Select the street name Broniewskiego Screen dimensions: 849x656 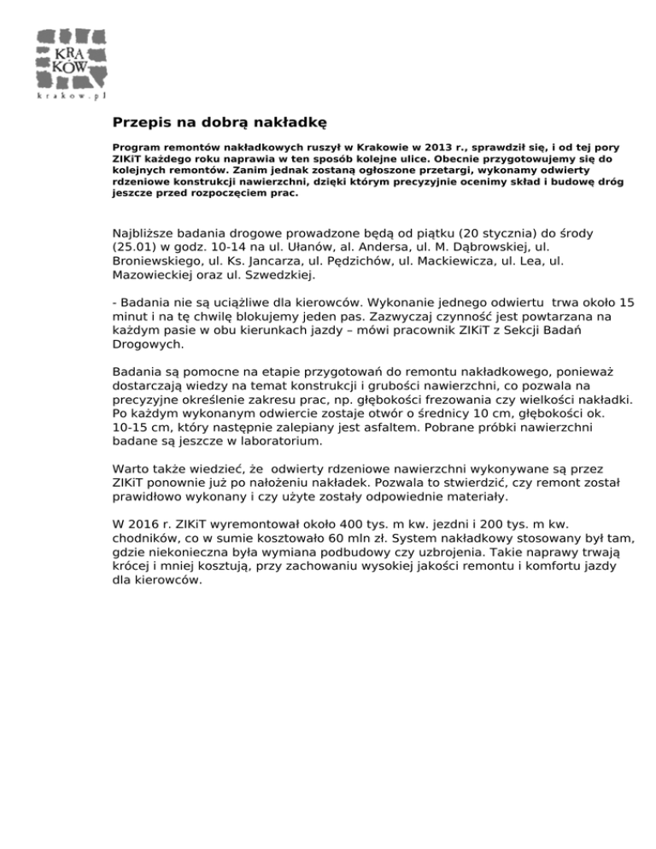click(155, 261)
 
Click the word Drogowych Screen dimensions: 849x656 click(146, 345)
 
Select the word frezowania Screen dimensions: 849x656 click(494, 399)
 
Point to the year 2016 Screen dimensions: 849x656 click(142, 523)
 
